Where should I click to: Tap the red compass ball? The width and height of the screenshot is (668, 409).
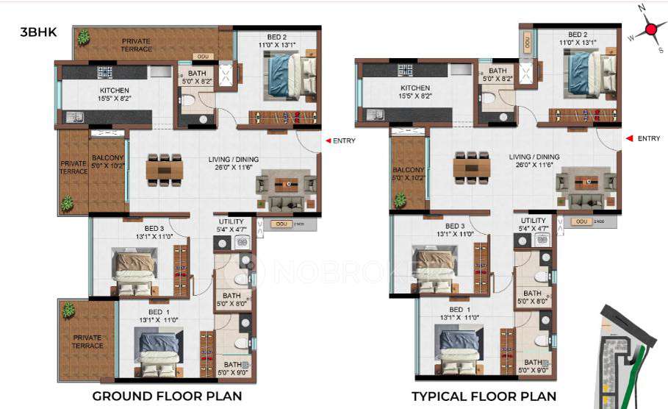coord(650,30)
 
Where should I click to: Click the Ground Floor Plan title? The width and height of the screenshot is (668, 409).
coord(167,396)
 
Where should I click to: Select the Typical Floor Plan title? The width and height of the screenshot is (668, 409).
coord(484,396)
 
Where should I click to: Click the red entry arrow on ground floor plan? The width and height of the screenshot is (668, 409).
coord(328,141)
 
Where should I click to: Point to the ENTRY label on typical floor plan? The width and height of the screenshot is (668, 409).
coord(648,138)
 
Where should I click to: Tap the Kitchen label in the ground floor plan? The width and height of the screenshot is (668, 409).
coord(115,91)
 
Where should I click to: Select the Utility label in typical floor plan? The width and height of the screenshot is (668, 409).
coord(534,221)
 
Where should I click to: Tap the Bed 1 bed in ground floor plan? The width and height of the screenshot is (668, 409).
coord(156,349)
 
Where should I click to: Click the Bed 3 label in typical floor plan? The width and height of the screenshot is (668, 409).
coord(454,226)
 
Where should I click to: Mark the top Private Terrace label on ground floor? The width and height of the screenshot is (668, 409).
coord(137,45)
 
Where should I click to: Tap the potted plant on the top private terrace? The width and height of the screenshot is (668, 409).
coord(83,37)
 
